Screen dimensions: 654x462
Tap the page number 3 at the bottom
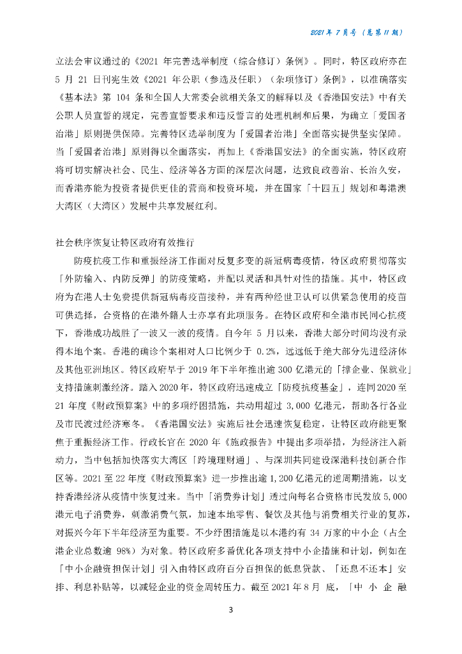tap(231, 610)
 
